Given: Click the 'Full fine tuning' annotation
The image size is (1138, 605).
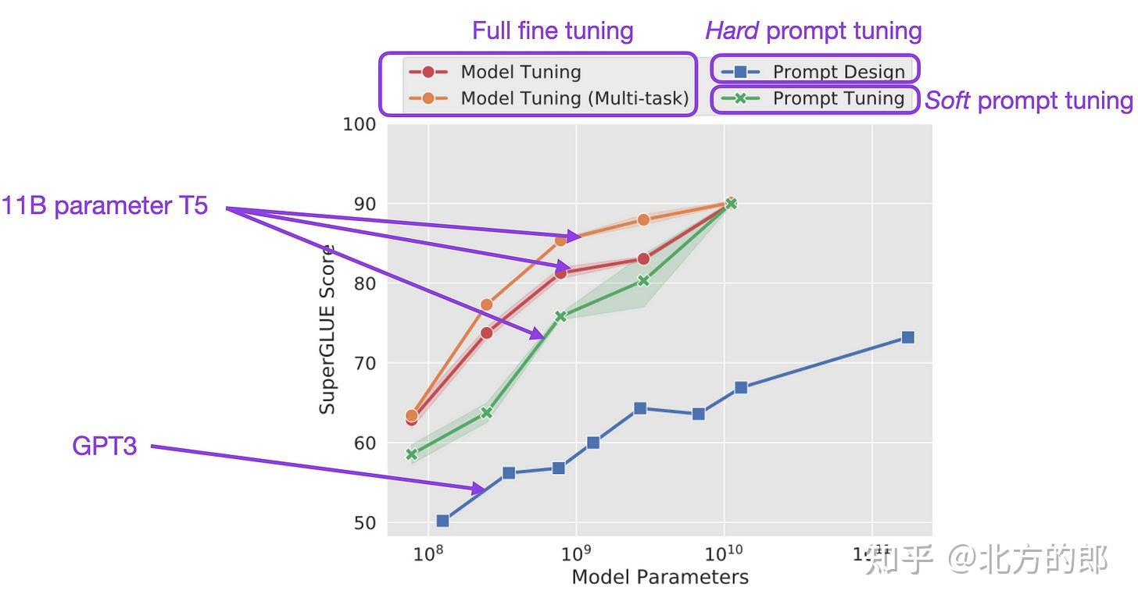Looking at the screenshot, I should pos(552,30).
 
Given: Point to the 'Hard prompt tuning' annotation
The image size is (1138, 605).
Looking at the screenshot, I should pos(813,30).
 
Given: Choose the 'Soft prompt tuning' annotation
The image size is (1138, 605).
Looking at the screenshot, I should pos(1029,100).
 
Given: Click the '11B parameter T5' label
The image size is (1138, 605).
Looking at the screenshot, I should pos(105,206).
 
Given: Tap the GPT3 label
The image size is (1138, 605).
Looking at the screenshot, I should pos(104,446).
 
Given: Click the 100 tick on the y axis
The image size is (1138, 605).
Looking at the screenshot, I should pos(360,125).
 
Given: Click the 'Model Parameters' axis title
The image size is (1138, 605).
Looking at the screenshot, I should pos(660,578).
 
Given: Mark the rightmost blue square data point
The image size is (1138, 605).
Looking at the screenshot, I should pos(907,337).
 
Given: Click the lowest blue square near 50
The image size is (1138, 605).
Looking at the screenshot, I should pos(442,521).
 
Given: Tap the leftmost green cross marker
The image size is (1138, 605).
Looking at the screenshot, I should pos(412,454).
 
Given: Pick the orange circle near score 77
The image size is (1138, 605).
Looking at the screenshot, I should pos(486,304).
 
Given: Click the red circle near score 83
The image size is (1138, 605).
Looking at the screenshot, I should pos(643,258).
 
